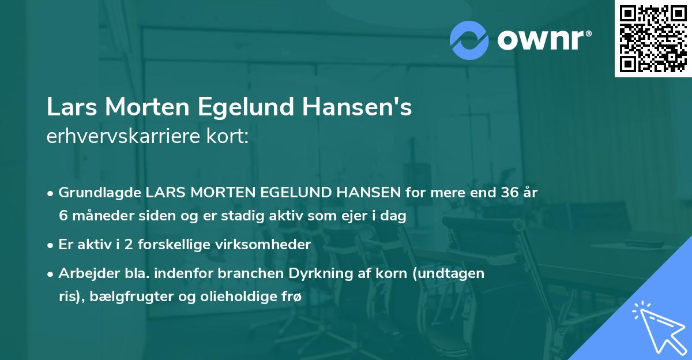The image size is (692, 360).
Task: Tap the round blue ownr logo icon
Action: pos(469,40)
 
